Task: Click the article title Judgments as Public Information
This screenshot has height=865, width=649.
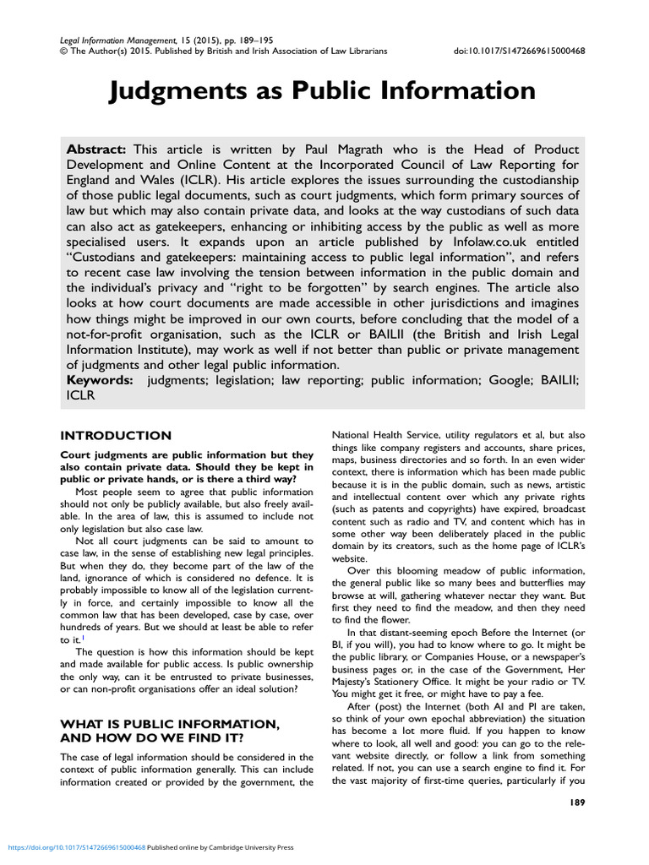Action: (322, 90)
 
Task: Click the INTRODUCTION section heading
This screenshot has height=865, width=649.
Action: (115, 436)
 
